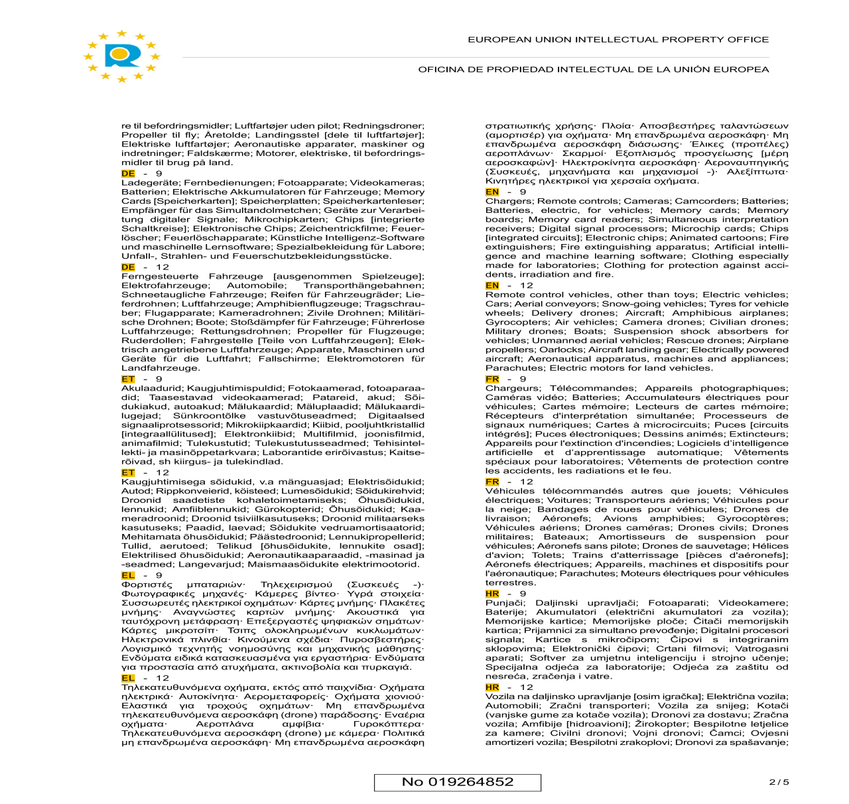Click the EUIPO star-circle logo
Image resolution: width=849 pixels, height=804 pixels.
(x=122, y=56)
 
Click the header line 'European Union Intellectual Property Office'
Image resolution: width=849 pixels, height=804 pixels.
(x=618, y=40)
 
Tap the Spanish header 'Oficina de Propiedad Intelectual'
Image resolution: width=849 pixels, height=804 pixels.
(x=593, y=69)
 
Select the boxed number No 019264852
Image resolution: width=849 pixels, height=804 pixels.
(x=458, y=782)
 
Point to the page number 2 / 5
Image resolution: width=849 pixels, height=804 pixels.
(x=779, y=782)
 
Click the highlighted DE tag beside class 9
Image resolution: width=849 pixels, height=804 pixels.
(x=128, y=174)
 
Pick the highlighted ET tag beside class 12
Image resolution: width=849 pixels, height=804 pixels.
(x=128, y=473)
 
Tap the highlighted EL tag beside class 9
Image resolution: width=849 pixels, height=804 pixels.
(x=128, y=576)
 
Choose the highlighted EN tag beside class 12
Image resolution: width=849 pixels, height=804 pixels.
(x=492, y=286)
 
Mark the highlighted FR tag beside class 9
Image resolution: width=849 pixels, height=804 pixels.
(x=492, y=379)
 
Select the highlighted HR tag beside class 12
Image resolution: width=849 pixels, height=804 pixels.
(x=492, y=687)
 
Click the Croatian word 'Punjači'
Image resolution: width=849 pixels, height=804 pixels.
(x=503, y=603)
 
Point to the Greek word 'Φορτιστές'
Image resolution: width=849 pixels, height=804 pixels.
(x=147, y=585)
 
